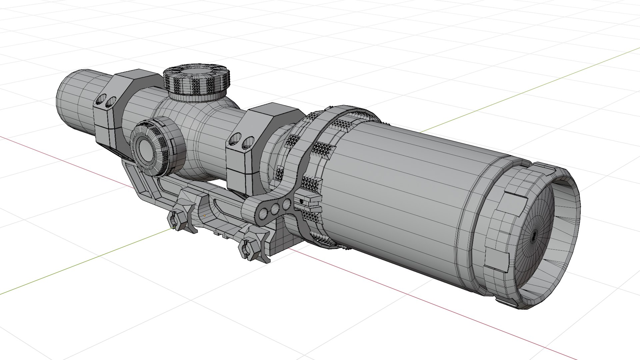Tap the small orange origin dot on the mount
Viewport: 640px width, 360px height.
[204, 215]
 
